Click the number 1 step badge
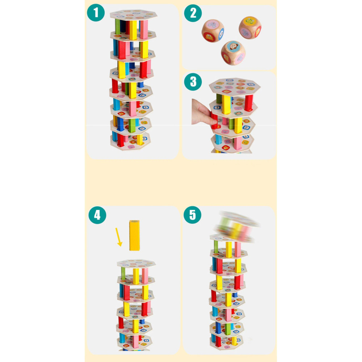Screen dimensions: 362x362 point(96,13)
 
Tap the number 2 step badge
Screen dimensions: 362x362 point(193,13)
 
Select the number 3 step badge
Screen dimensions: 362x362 point(193,82)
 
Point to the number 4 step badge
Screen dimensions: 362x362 point(97,215)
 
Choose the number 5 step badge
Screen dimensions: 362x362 point(192,215)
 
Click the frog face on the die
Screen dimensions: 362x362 point(249,21)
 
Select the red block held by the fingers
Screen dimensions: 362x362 point(214,120)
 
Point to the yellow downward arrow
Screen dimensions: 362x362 point(119,237)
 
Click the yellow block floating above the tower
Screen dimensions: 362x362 point(134,235)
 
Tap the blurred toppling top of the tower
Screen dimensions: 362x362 point(237,226)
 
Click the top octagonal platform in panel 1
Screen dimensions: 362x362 point(134,15)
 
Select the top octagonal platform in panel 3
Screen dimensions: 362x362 point(235,87)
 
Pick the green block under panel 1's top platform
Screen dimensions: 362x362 point(118,26)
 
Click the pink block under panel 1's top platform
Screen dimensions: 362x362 point(144,29)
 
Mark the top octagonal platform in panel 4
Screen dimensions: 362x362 point(136,264)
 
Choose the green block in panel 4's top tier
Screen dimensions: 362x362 point(123,273)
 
